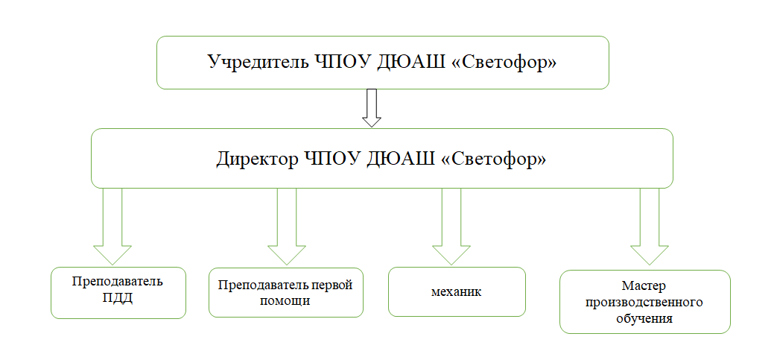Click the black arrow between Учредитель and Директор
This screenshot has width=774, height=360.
tap(372, 108)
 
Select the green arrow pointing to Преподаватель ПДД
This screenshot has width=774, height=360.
tap(112, 227)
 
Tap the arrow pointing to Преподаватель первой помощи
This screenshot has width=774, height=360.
tap(287, 227)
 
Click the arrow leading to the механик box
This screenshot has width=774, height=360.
tap(451, 227)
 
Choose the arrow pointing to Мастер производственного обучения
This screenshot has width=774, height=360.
tap(650, 227)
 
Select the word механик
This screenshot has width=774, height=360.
tap(457, 291)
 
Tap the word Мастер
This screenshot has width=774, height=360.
tap(644, 285)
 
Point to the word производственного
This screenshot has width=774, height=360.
tap(644, 302)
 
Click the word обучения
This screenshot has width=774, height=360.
tap(644, 318)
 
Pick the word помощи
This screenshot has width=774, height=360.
tap(286, 300)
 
